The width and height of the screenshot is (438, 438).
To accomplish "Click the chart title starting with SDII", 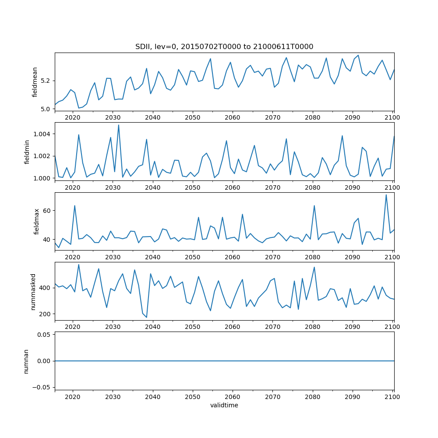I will click(x=224, y=47).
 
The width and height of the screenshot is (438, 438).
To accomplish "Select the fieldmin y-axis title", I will click(x=27, y=152).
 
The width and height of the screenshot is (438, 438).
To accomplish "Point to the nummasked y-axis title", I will click(x=33, y=291).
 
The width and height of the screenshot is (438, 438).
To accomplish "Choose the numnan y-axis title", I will click(x=26, y=360).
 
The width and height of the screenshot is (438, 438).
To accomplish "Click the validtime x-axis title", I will click(x=224, y=405).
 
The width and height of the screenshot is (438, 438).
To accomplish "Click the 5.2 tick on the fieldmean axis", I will click(x=46, y=81).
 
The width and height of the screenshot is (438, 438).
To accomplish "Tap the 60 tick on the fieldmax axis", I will click(x=46, y=211).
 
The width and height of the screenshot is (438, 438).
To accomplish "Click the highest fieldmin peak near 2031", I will click(x=118, y=125).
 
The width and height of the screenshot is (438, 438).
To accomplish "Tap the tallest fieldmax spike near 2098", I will click(x=386, y=195).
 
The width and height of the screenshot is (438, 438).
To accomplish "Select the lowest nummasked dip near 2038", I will click(x=146, y=317).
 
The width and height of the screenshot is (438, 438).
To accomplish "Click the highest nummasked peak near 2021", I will click(x=78, y=265).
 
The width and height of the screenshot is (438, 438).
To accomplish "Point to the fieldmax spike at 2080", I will click(x=314, y=205).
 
